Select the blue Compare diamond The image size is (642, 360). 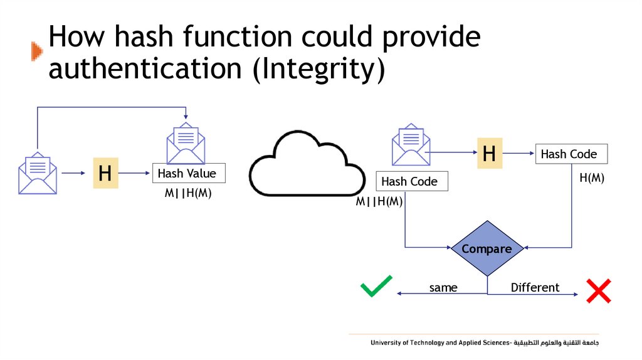pyautogui.click(x=487, y=249)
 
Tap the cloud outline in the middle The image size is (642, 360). pyautogui.click(x=307, y=164)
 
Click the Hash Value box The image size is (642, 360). pyautogui.click(x=187, y=174)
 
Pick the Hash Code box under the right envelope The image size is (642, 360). pyautogui.click(x=412, y=182)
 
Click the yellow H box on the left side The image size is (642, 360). pyautogui.click(x=105, y=173)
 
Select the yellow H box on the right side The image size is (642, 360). pyautogui.click(x=490, y=153)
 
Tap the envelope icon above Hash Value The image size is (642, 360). pyautogui.click(x=186, y=144)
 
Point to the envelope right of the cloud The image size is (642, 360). pyautogui.click(x=411, y=146)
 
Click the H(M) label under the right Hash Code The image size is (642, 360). pyautogui.click(x=591, y=178)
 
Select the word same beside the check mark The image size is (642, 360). pyautogui.click(x=443, y=288)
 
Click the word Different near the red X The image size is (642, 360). pyautogui.click(x=535, y=288)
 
